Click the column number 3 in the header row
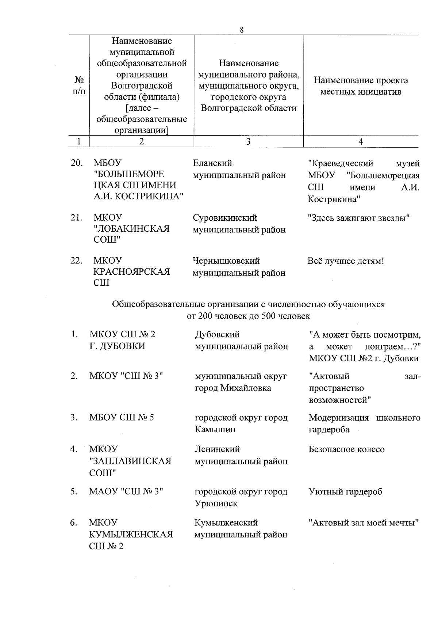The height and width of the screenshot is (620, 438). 248,141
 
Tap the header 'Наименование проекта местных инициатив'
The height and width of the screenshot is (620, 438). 361,86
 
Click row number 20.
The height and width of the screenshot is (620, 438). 77,163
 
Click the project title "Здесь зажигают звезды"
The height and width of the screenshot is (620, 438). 359,218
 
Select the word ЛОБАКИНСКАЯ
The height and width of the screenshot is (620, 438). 131,229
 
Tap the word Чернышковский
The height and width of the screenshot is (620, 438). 226,261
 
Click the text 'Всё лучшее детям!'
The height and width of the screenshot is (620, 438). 346,261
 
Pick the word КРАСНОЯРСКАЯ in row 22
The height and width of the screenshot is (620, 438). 131,272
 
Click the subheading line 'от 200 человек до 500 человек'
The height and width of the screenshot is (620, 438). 248,316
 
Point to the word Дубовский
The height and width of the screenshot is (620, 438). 217,334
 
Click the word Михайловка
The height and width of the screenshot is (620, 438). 246,388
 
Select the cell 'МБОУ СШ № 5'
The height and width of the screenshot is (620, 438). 122,417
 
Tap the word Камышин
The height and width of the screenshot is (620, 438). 215,429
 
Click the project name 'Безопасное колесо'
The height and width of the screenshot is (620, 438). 346,449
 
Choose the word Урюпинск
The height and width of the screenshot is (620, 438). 216,503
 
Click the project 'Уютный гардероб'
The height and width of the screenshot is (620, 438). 345,491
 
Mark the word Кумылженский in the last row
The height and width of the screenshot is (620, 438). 226,522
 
